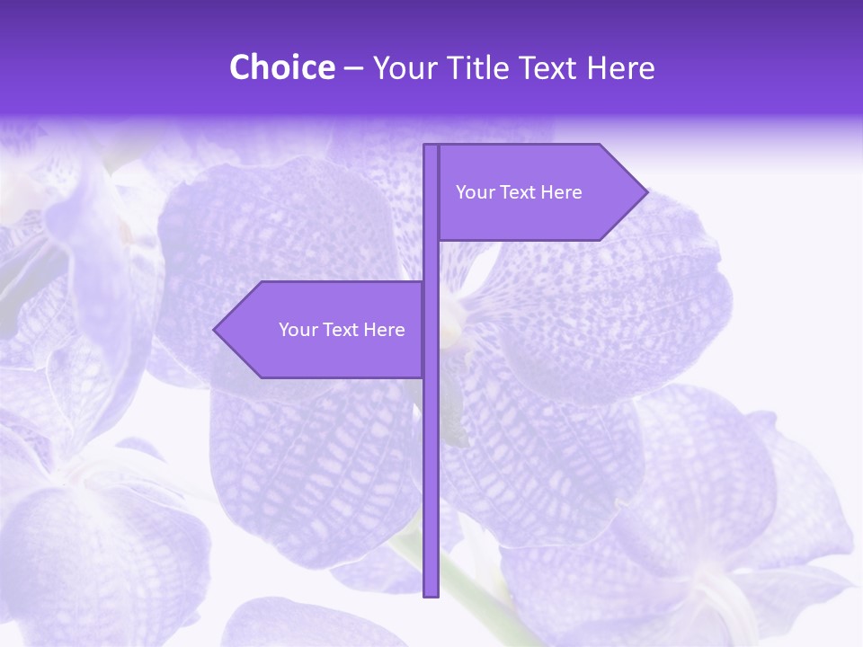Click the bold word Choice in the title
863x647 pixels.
click(281, 67)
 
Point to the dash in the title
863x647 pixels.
click(353, 68)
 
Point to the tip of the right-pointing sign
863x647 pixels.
click(645, 192)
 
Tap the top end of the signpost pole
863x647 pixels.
click(431, 146)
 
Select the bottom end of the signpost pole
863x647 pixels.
click(431, 594)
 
